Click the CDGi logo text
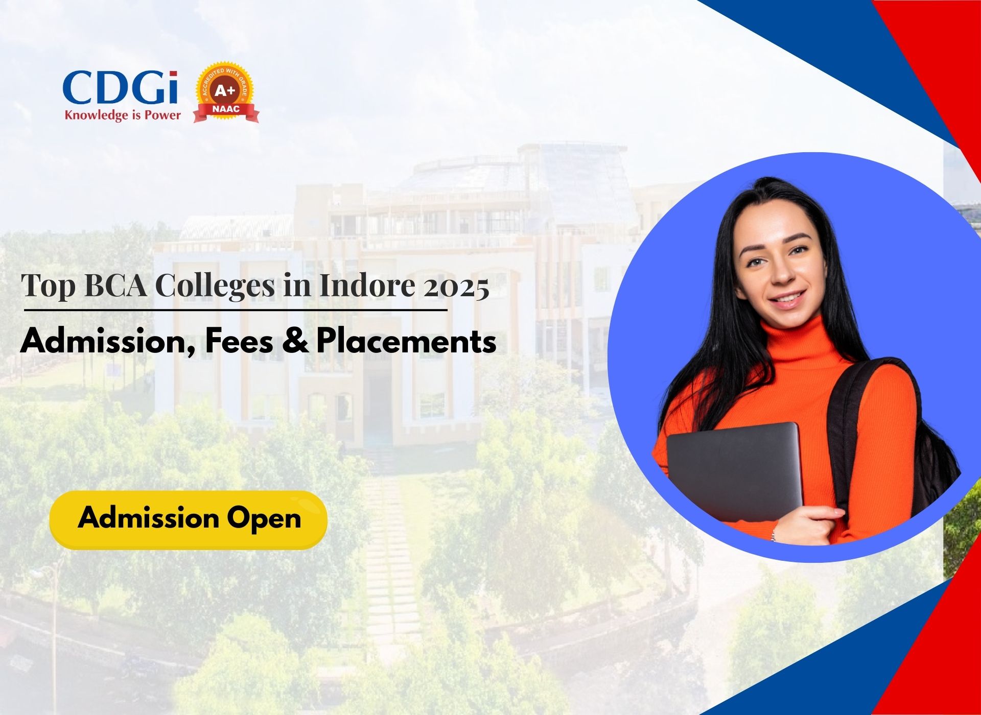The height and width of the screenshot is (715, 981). [121, 88]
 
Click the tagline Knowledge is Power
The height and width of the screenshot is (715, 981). [123, 115]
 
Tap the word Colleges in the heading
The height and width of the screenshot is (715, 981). [215, 286]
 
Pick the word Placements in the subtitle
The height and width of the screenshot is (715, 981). [406, 341]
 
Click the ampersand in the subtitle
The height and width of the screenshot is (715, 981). [295, 341]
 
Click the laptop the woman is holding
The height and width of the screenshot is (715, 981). [734, 471]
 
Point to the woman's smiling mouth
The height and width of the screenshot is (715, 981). [787, 299]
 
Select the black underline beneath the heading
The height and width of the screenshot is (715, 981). [236, 309]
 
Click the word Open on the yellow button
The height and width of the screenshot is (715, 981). [264, 519]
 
